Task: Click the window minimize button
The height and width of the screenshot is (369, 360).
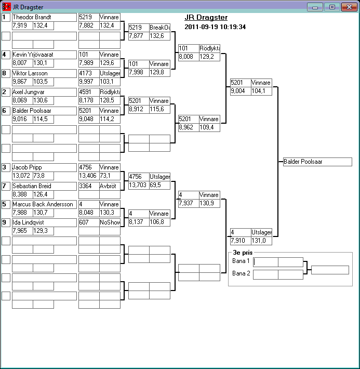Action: [315, 7]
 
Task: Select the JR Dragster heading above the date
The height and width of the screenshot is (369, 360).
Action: [206, 18]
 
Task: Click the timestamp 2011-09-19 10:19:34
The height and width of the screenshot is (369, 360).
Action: [215, 27]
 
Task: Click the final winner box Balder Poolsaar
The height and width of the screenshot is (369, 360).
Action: [317, 162]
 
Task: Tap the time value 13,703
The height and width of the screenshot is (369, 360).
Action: [138, 185]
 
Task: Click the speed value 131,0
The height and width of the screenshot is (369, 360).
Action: [261, 241]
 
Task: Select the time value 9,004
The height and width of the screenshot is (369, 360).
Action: [241, 91]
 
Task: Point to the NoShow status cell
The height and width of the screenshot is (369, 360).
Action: [110, 223]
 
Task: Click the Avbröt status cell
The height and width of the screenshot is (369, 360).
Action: [110, 186]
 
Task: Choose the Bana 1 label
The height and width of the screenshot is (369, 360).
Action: [241, 261]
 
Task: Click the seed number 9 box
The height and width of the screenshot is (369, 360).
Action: [6, 223]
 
